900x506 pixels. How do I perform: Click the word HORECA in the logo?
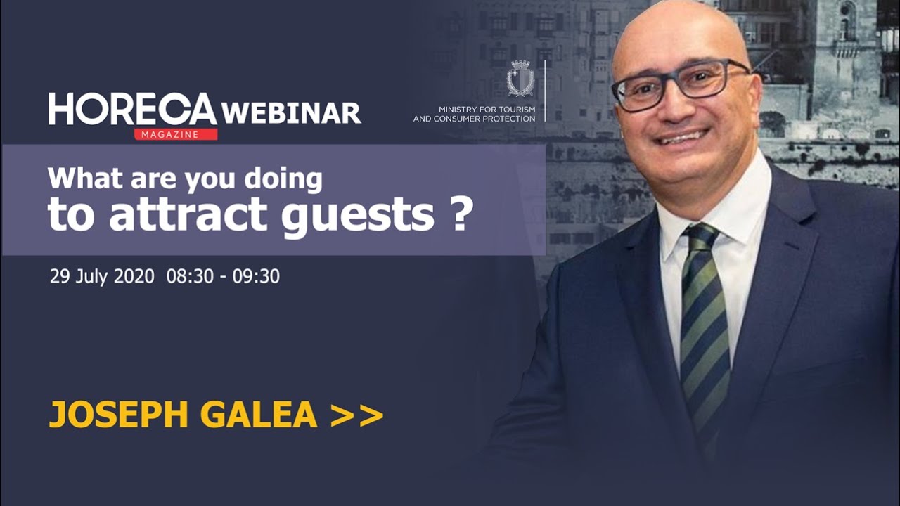tap(133, 110)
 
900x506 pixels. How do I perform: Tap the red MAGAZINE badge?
tap(175, 134)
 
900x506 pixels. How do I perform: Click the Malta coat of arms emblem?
tap(520, 79)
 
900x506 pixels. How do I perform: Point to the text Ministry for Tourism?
tap(487, 110)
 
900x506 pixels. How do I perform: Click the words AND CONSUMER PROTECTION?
tap(474, 119)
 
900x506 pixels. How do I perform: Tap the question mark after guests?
tap(458, 214)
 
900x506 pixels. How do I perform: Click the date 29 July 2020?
tap(102, 276)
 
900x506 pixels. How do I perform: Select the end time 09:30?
tap(256, 276)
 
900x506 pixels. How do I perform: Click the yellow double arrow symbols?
tap(356, 415)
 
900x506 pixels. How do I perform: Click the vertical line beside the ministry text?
tap(545, 91)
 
